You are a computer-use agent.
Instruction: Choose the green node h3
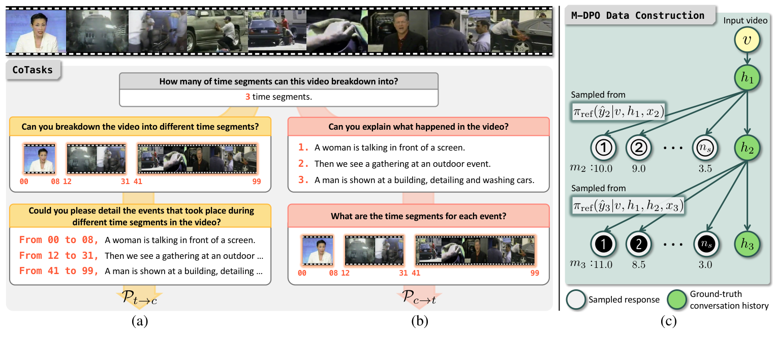pyautogui.click(x=746, y=244)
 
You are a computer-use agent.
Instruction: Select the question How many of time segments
pyautogui.click(x=278, y=81)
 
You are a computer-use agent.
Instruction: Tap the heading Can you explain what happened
pyautogui.click(x=418, y=126)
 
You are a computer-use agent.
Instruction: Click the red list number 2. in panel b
pyautogui.click(x=303, y=163)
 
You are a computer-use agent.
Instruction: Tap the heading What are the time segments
pyautogui.click(x=418, y=216)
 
